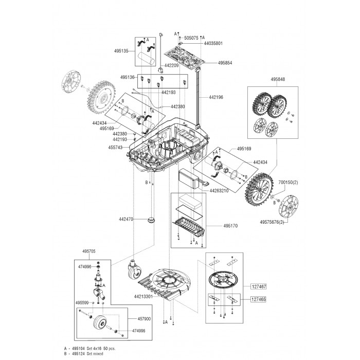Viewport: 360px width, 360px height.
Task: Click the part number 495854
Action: [x=225, y=63]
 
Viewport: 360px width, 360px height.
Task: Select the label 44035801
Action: [x=198, y=44]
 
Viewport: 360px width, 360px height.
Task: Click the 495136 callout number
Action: [x=128, y=77]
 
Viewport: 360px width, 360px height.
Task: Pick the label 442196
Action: [x=216, y=97]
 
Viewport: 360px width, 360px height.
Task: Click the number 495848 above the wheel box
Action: [x=277, y=80]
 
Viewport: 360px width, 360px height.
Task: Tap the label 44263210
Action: [x=218, y=191]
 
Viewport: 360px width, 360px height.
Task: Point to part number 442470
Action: [x=126, y=219]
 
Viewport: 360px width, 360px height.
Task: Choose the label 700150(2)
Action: [x=288, y=183]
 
